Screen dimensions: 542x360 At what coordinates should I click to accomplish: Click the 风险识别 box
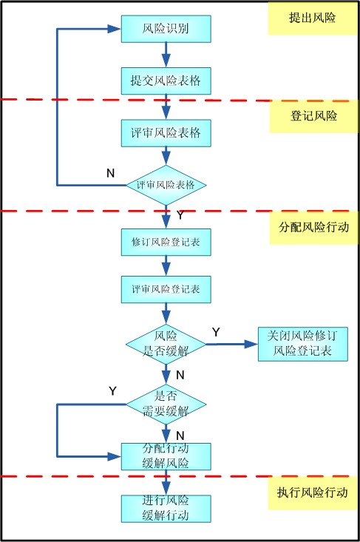coord(166,30)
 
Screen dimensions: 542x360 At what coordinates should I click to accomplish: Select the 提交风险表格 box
coord(166,80)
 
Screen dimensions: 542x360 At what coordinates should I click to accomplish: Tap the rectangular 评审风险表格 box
coord(166,133)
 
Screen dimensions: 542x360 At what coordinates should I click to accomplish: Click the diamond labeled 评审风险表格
coord(166,185)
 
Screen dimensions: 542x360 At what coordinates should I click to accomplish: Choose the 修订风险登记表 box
coord(166,242)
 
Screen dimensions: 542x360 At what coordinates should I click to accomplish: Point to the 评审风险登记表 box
coord(166,289)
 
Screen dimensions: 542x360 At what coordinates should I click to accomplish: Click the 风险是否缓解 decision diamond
coord(166,343)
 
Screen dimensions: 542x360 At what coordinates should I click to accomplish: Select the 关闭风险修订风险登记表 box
coord(303,343)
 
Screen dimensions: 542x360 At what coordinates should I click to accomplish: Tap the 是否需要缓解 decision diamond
coord(166,404)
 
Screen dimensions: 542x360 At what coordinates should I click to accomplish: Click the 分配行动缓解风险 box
coord(166,456)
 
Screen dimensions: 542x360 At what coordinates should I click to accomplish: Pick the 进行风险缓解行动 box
coord(166,508)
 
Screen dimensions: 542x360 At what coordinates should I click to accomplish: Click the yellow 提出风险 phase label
coord(312,18)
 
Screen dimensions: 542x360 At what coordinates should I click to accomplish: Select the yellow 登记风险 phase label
coord(313,116)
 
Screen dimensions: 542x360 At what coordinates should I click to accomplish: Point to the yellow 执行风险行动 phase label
coord(313,492)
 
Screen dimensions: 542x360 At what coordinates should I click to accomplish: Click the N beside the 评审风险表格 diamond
coord(110,173)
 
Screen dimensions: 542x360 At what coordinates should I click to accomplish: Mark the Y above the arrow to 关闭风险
coord(216,332)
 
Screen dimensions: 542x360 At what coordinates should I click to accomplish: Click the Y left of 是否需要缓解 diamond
coord(112,390)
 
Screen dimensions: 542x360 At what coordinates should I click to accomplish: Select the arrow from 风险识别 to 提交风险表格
coord(166,55)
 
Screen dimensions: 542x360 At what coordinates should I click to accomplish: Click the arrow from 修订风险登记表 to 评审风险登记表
coord(166,265)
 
